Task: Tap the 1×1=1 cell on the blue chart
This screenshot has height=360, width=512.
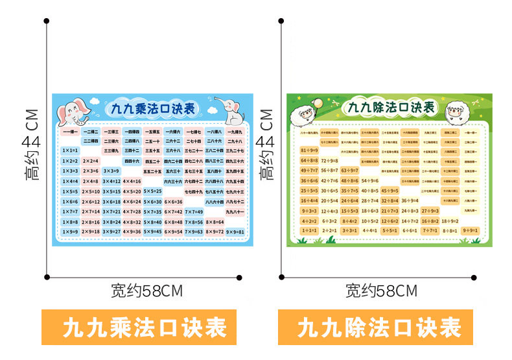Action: coord(70,150)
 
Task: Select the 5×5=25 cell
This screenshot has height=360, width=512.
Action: coord(152,191)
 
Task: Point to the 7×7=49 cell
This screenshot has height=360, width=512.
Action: coord(193,211)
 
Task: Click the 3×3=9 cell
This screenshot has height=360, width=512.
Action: coord(111,171)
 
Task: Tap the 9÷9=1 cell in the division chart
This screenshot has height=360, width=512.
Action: coord(471,230)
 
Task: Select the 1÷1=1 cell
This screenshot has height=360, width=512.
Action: coord(310,230)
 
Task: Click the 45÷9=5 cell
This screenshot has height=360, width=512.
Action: coord(390,190)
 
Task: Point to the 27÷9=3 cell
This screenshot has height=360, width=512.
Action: coord(430,210)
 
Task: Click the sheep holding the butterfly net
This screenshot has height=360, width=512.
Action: coord(305,115)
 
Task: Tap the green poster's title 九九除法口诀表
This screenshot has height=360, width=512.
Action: coord(391,108)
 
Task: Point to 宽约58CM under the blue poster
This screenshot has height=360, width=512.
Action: coord(146,291)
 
